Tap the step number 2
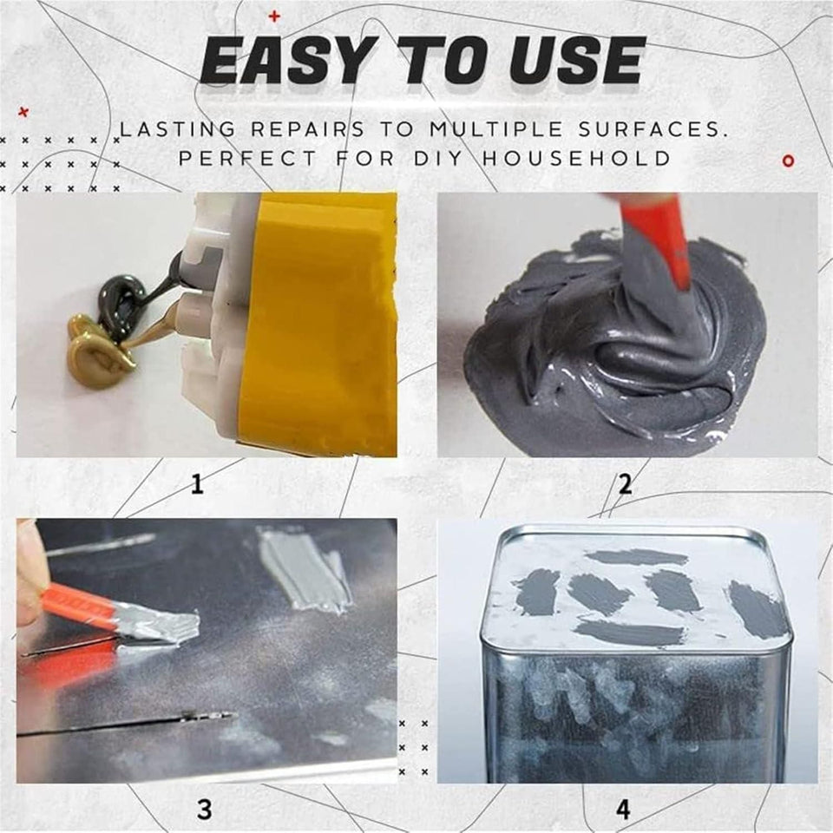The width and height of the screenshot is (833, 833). (625, 482)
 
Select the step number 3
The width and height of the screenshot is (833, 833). (204, 809)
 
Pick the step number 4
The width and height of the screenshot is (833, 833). (623, 809)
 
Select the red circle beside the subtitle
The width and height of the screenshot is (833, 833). (788, 161)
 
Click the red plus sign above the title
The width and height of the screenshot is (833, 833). (275, 16)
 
